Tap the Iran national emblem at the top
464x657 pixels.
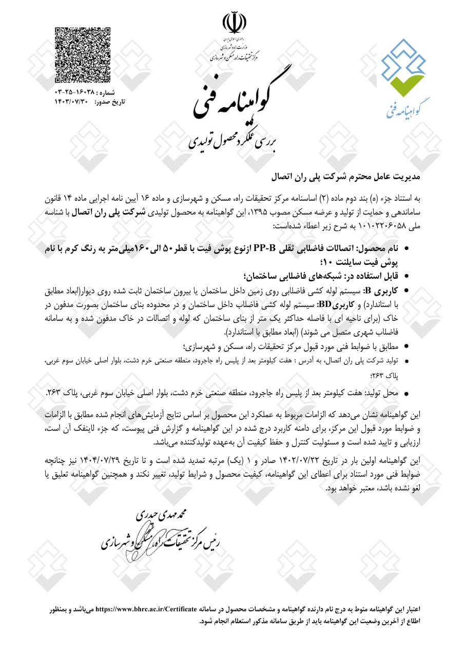[234, 23]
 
